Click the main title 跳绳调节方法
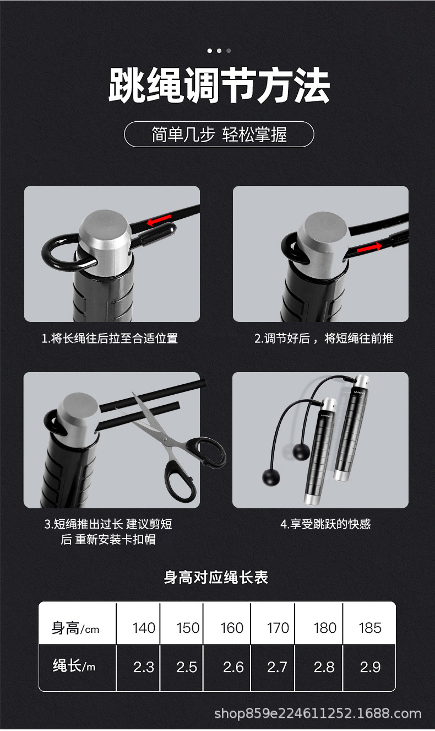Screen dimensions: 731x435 click(x=219, y=85)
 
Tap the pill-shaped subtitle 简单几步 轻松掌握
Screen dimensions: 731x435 click(x=219, y=135)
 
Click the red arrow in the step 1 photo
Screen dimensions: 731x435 click(x=159, y=221)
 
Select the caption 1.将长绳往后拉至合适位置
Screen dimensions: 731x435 click(x=110, y=338)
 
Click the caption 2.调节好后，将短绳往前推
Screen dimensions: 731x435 click(x=324, y=338)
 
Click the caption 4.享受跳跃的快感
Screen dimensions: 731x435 click(x=325, y=524)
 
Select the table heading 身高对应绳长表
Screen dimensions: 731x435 click(x=216, y=577)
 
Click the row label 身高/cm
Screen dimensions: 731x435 click(x=76, y=628)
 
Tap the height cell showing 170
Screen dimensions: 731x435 click(x=278, y=628)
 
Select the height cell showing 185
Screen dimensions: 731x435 click(x=369, y=628)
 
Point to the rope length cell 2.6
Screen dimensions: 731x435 click(x=233, y=667)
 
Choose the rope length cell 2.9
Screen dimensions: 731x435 click(x=370, y=667)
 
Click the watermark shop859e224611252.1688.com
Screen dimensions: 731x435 click(x=318, y=714)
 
